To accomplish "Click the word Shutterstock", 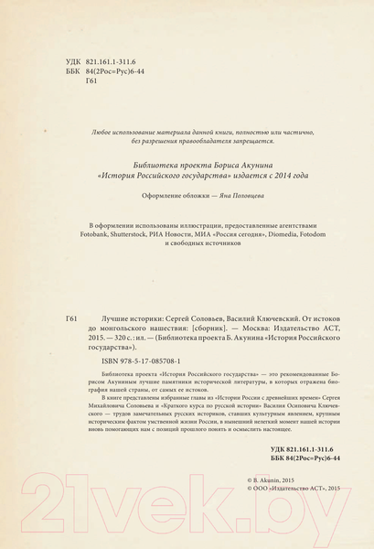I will point(140,235).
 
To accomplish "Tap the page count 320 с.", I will point(119,339).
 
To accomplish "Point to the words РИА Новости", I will point(181,235).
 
